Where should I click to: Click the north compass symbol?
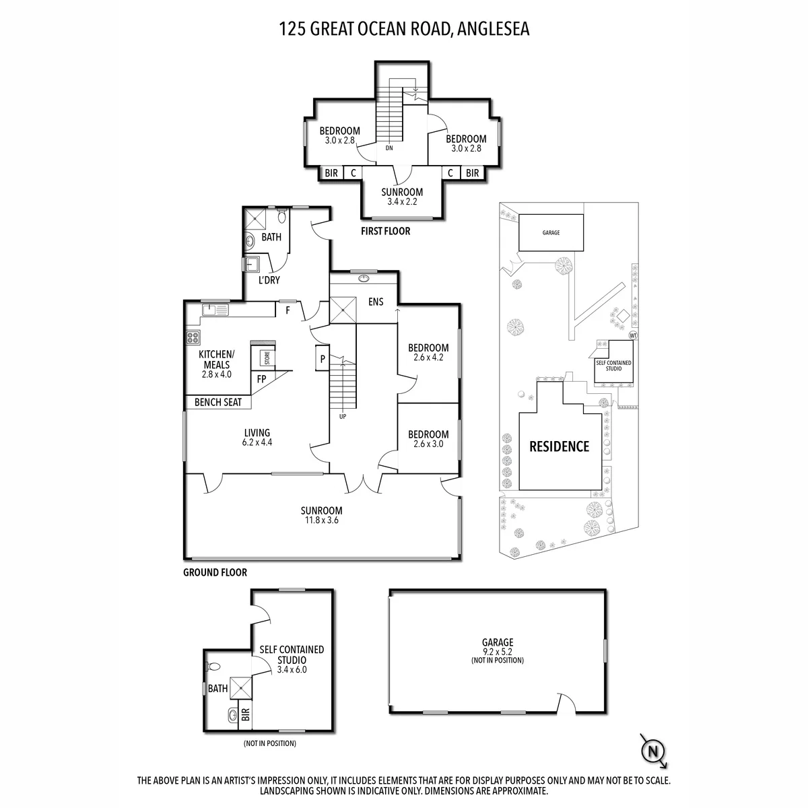click(x=653, y=751)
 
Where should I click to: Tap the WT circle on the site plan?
click(x=633, y=335)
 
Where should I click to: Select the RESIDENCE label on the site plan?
click(x=559, y=446)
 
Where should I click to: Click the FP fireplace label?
click(x=261, y=379)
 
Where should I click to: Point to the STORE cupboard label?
click(x=267, y=358)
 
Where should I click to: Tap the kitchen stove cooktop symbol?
click(x=193, y=337)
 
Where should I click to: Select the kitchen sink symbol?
click(x=215, y=310)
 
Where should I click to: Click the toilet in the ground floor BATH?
click(x=281, y=216)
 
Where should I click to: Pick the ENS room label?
click(x=376, y=302)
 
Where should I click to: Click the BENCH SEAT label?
click(x=218, y=403)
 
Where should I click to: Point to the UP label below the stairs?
click(x=343, y=417)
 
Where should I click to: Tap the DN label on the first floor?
click(x=389, y=148)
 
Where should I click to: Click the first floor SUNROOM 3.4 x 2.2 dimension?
click(x=402, y=202)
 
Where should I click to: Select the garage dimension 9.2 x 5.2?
click(x=498, y=652)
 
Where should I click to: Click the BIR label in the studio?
click(x=246, y=714)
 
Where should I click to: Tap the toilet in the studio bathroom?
click(x=213, y=667)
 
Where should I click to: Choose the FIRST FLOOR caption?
click(x=385, y=231)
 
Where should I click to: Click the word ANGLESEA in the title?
click(x=493, y=30)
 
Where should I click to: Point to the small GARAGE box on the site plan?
click(x=551, y=233)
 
